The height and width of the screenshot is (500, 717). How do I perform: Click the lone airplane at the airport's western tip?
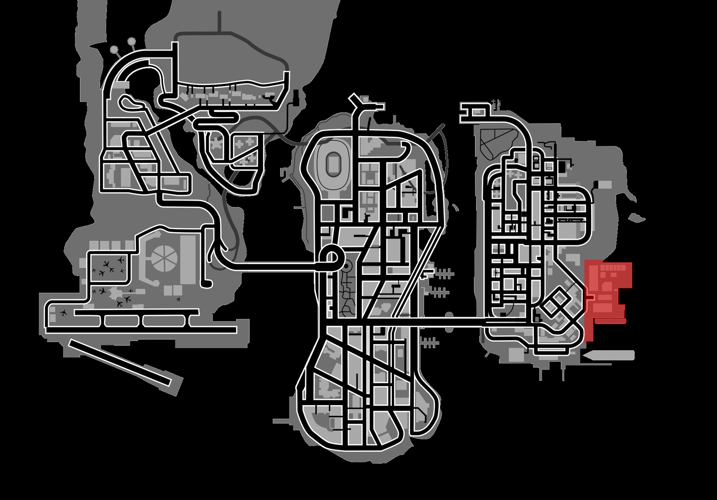pos(64,313)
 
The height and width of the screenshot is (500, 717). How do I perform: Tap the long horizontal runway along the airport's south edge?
pos(141,330)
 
